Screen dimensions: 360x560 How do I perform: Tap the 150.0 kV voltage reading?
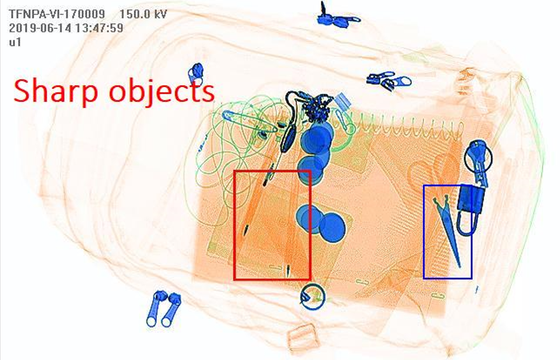click(x=143, y=14)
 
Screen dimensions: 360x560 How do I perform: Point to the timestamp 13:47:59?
click(x=101, y=28)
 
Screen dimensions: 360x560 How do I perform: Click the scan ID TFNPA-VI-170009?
click(x=57, y=14)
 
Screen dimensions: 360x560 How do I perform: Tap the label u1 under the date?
click(x=15, y=42)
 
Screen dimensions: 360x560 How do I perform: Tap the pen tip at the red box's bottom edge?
click(x=288, y=270)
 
